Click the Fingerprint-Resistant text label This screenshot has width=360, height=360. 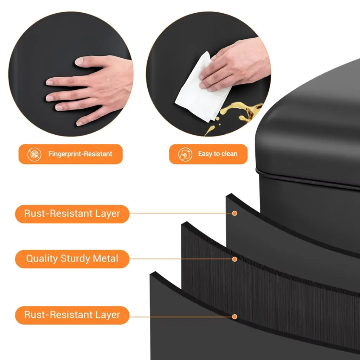point(80,154)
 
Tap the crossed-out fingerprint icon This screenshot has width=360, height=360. point(34,154)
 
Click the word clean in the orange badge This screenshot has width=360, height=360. point(229,154)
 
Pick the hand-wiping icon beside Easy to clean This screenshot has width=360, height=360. point(185,154)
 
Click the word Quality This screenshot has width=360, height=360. point(42,259)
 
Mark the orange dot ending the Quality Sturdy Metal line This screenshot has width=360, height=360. point(234,259)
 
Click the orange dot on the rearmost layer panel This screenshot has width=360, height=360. point(234,213)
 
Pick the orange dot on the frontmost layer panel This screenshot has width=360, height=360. point(234,317)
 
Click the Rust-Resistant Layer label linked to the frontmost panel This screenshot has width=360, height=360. point(72,315)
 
